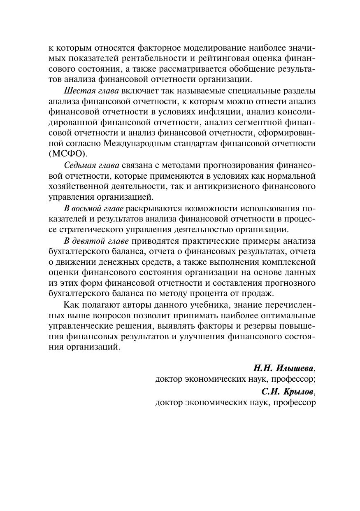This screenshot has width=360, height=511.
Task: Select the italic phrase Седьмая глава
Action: click(x=92, y=165)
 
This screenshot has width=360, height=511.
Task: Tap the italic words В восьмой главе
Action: click(x=94, y=208)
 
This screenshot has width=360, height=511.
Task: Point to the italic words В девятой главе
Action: click(x=96, y=240)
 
